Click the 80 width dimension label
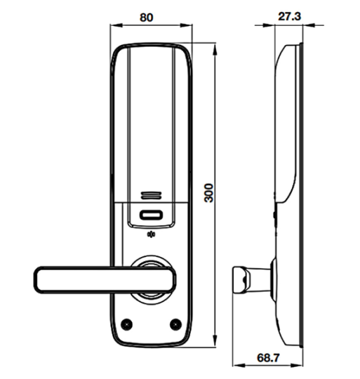coord(147,18)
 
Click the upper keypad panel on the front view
coord(151,119)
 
